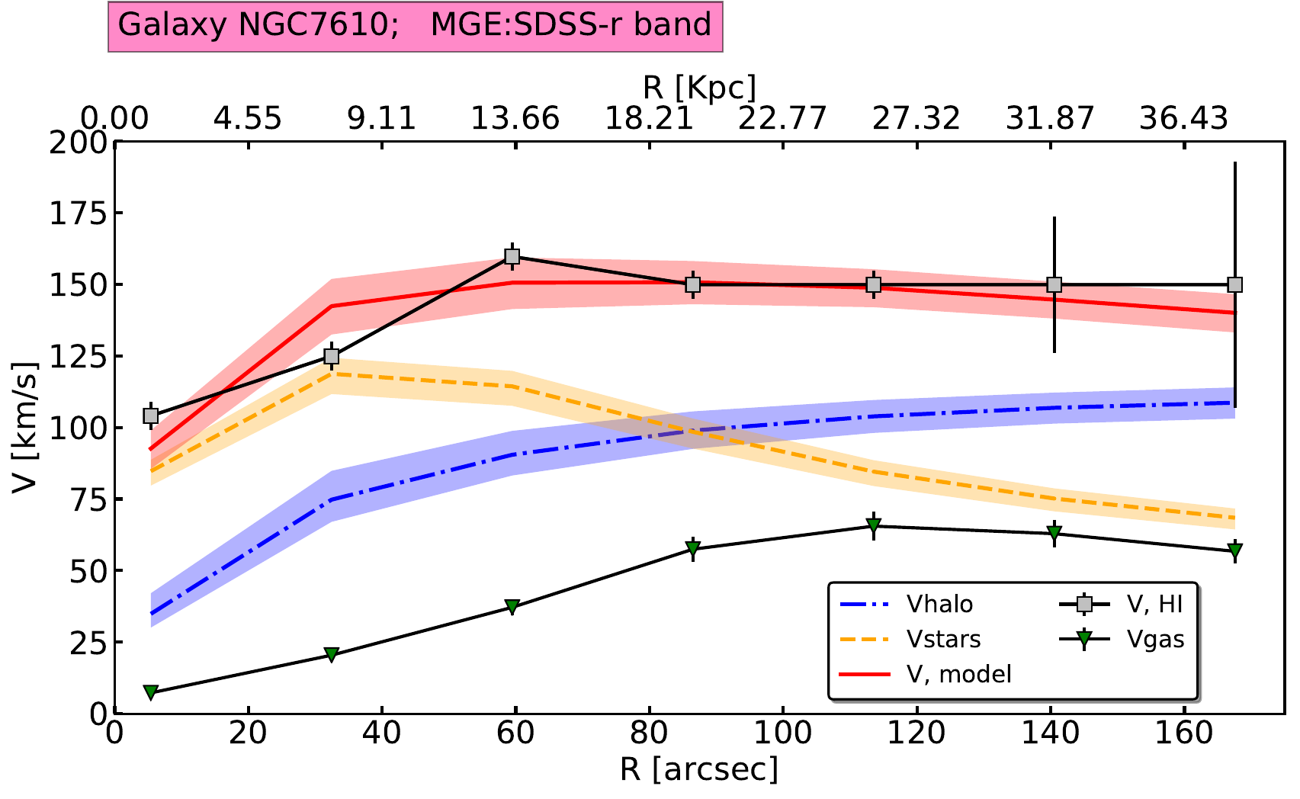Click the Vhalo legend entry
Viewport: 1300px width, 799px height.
(939, 605)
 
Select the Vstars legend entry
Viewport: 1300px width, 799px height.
(943, 639)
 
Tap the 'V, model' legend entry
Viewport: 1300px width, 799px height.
(959, 674)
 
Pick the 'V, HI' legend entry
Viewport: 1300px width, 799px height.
(1154, 605)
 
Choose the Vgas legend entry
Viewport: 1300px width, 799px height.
(1155, 639)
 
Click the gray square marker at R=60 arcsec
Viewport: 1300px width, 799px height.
(513, 257)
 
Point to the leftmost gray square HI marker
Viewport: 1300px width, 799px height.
(151, 416)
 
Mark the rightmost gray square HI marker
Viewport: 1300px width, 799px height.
(1235, 285)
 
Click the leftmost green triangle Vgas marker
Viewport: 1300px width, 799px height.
(151, 692)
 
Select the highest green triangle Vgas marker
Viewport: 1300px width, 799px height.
(874, 525)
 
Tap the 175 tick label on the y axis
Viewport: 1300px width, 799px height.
(78, 214)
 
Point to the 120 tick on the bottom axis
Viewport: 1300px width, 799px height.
(916, 733)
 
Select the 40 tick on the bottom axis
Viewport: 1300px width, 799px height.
(381, 733)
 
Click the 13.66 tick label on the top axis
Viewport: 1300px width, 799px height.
(515, 119)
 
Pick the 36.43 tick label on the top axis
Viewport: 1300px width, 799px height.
(1184, 119)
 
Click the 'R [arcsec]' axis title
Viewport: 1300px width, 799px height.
(699, 770)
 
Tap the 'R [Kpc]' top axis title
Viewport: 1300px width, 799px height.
(699, 88)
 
